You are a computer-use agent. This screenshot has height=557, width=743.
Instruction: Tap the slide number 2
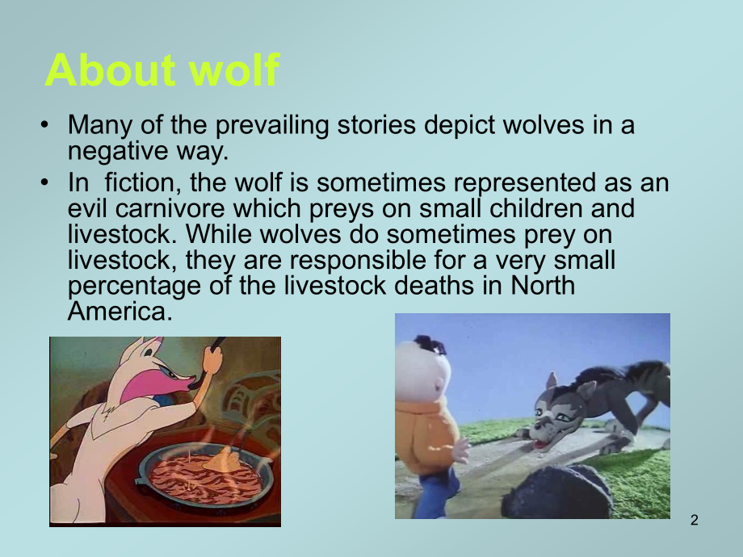[x=695, y=520]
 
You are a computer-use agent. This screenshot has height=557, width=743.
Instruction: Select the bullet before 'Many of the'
[x=44, y=124]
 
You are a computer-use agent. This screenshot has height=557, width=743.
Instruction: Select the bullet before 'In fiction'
[x=44, y=182]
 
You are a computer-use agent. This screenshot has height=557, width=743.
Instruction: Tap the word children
[x=535, y=207]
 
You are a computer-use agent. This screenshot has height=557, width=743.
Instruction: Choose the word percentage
[x=134, y=287]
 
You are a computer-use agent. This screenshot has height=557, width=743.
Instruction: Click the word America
[x=120, y=311]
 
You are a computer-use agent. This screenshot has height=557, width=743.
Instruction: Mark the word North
[x=542, y=285]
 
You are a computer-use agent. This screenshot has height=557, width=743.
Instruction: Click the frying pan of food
[x=205, y=475]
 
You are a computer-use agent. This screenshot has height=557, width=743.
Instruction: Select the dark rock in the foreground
[x=557, y=492]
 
